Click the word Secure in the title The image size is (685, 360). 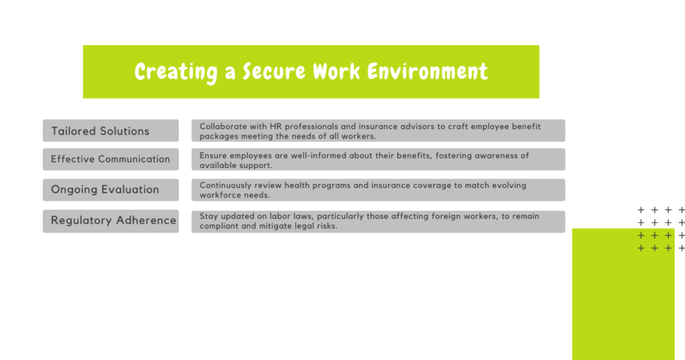point(274,71)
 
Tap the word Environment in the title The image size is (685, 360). point(427,71)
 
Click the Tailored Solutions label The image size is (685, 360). point(100,131)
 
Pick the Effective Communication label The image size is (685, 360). point(110,159)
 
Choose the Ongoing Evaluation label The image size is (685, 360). point(105,189)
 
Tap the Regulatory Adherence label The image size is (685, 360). point(114,220)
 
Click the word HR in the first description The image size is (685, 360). point(276,126)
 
